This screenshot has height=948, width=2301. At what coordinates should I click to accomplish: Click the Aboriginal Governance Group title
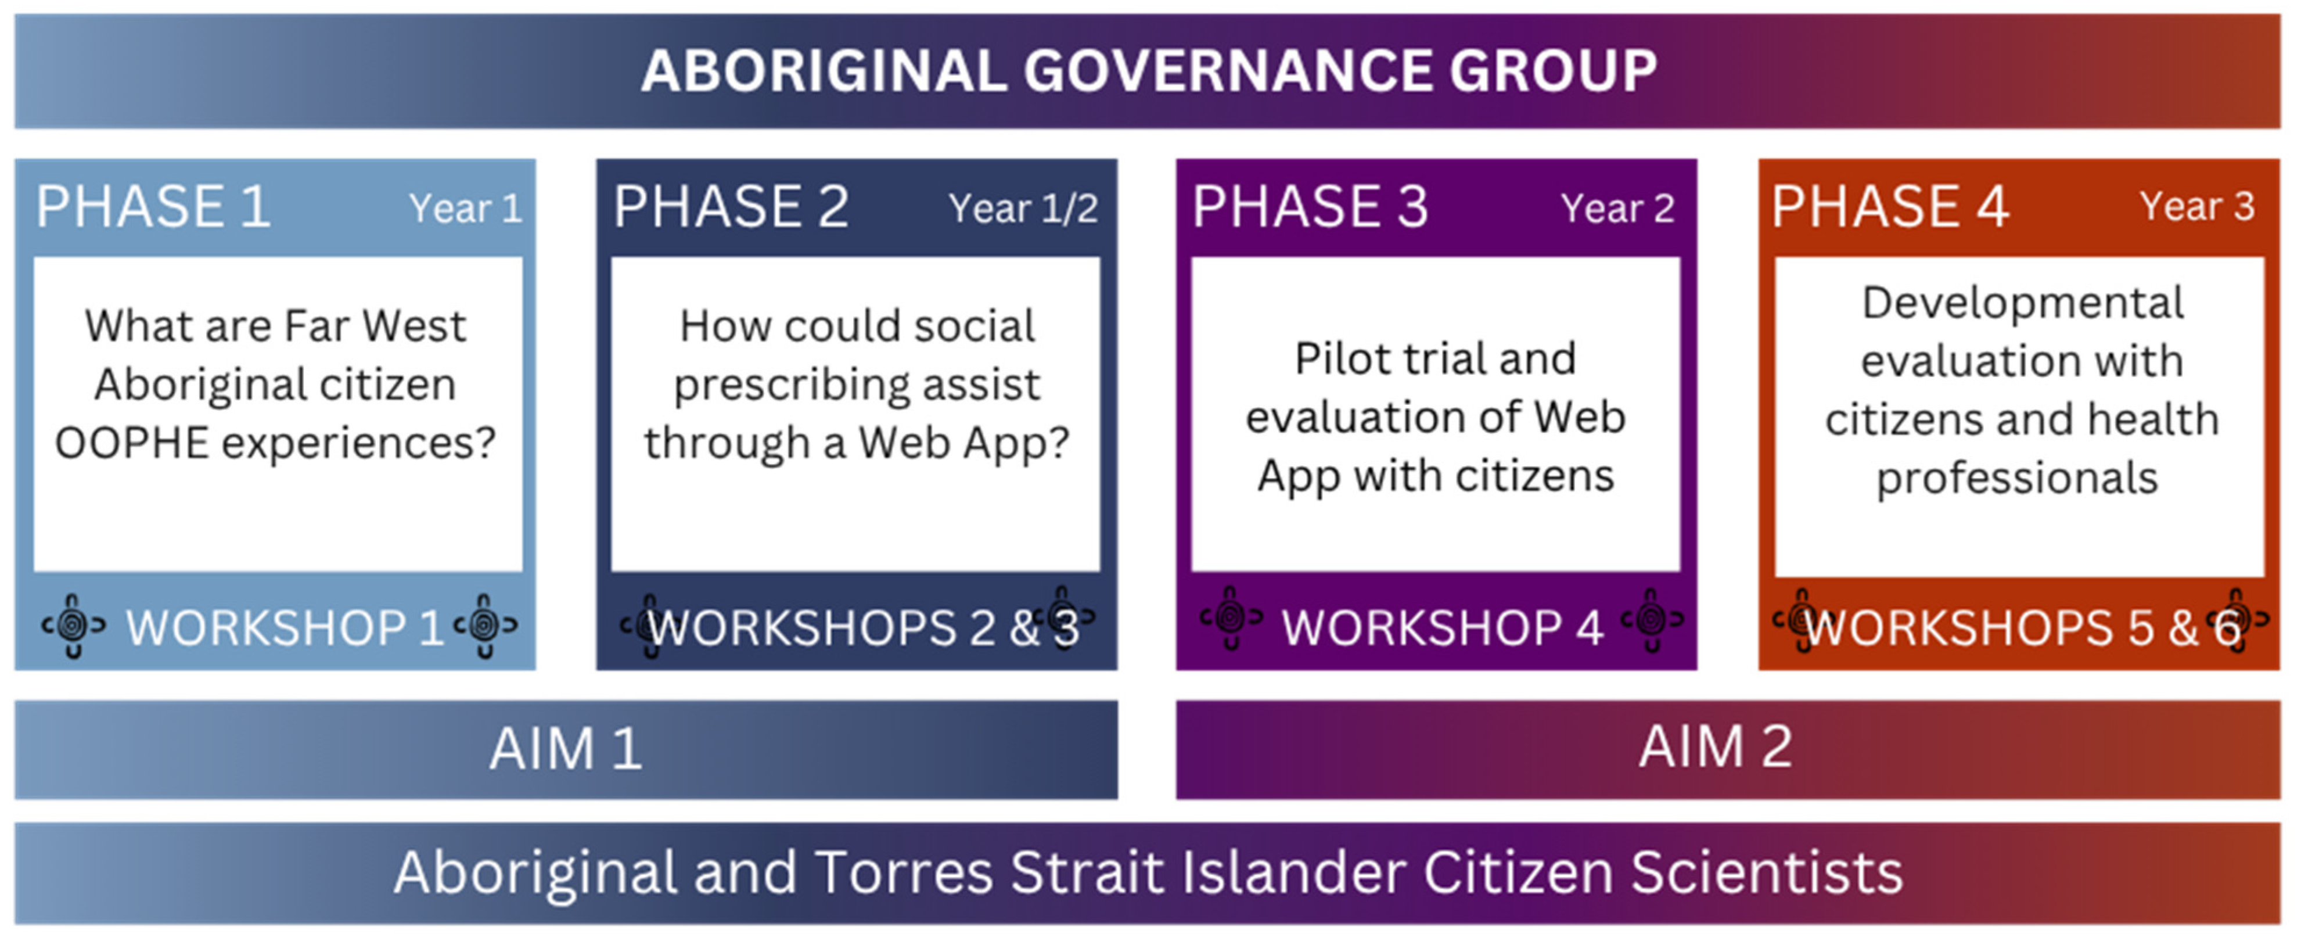tap(1149, 71)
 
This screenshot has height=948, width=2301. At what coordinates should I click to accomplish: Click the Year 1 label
tap(465, 209)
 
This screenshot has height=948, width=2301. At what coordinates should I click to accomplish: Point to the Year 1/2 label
tap(1023, 209)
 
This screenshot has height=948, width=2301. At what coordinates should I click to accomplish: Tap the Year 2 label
tap(1617, 209)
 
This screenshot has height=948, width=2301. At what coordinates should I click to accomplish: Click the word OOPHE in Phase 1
tap(132, 443)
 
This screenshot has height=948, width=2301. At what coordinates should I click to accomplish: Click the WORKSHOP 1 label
tap(285, 628)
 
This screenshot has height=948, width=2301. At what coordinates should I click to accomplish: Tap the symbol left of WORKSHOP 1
tap(73, 626)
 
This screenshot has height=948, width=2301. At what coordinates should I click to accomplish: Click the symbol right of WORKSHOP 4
tap(1652, 619)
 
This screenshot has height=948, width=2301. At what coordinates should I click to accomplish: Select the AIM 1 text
tap(566, 749)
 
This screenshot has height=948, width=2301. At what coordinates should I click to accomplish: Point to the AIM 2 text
tap(1715, 747)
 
